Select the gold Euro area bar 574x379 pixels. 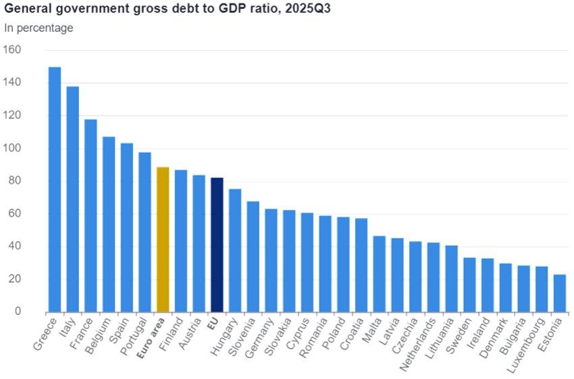[x=163, y=239]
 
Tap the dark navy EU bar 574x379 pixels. [x=217, y=245]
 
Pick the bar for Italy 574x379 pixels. [x=73, y=199]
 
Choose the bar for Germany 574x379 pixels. [x=271, y=260]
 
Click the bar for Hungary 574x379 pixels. [x=235, y=250]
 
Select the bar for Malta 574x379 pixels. [x=379, y=274]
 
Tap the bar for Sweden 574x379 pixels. [x=469, y=284]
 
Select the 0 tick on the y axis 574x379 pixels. [x=18, y=312]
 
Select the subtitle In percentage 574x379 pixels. [x=39, y=28]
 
